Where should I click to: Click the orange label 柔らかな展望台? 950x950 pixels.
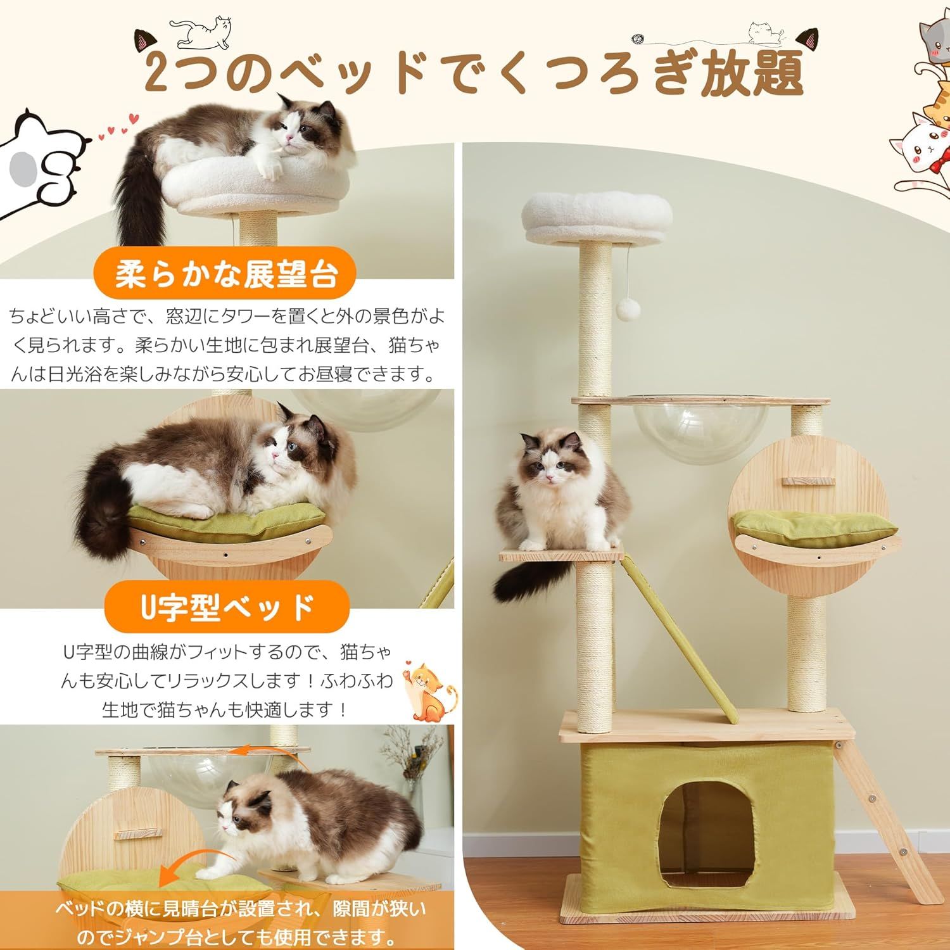pos(225,274)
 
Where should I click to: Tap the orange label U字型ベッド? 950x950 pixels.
pos(227,606)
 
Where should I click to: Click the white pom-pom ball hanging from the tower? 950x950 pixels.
pos(629,310)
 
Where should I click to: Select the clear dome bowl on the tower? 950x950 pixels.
pos(700,430)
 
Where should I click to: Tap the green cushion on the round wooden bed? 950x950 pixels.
pos(814,528)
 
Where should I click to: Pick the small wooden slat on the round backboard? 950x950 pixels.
pos(807,481)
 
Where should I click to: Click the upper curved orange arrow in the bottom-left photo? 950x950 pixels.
pos(266,752)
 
